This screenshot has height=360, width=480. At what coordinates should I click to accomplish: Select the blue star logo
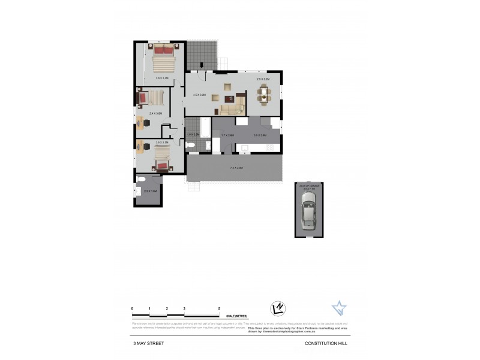click(x=339, y=308)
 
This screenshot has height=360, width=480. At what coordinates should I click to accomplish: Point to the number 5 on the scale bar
click(x=219, y=308)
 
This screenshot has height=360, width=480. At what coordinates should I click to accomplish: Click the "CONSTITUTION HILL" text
click(x=326, y=343)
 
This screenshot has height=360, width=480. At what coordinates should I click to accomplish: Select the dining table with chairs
click(x=264, y=94)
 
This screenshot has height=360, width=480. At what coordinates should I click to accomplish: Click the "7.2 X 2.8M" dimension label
click(x=235, y=167)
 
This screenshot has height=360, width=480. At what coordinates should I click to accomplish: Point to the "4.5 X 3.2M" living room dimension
click(x=199, y=95)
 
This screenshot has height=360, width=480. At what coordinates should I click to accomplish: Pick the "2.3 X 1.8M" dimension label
click(x=150, y=191)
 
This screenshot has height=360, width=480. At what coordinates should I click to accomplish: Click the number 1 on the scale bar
click(x=149, y=308)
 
